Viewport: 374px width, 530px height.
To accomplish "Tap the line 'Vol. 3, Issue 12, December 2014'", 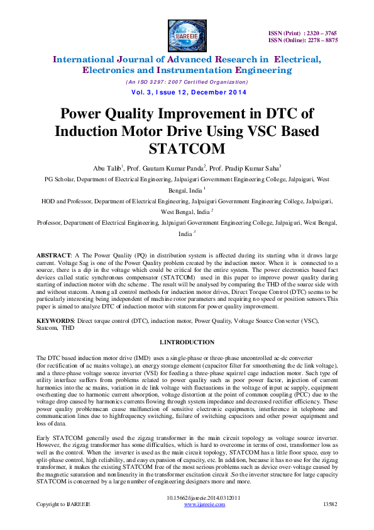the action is [187, 93].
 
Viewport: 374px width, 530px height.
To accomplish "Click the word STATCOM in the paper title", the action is [187, 149].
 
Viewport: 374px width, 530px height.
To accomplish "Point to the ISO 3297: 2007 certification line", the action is [187, 82].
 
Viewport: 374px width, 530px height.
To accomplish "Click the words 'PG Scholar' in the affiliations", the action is [59, 179].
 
